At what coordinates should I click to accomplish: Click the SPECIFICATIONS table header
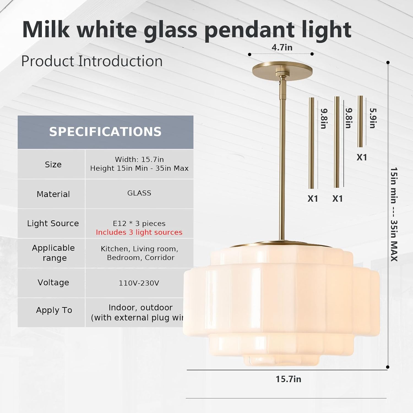[x=105, y=132]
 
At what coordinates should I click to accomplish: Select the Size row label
[x=53, y=164]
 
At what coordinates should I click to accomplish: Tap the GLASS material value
[x=139, y=193]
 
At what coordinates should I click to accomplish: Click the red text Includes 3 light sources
[x=139, y=232]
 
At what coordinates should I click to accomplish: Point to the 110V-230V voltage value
[x=139, y=283]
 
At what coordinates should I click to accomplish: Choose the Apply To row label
[x=54, y=310]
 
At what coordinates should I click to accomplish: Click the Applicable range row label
[x=53, y=253]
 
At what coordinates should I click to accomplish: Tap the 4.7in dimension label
[x=282, y=47]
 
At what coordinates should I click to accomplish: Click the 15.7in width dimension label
[x=288, y=379]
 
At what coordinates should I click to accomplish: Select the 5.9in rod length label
[x=373, y=118]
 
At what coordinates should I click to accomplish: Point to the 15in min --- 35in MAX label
[x=394, y=214]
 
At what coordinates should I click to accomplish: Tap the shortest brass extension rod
[x=360, y=121]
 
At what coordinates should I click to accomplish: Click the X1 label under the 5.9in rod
[x=362, y=157]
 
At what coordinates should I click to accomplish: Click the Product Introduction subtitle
[x=92, y=61]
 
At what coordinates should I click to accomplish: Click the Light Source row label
[x=53, y=223]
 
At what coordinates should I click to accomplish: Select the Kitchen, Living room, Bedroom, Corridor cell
[x=140, y=253]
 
